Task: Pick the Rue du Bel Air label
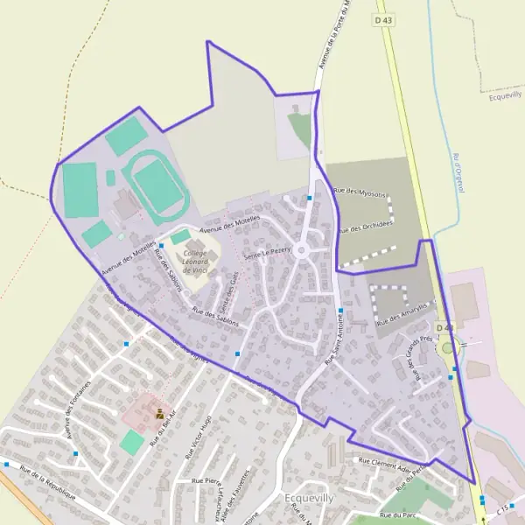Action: (x=164, y=428)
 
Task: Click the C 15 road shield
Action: (x=502, y=508)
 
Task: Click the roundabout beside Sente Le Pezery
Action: (x=302, y=251)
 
